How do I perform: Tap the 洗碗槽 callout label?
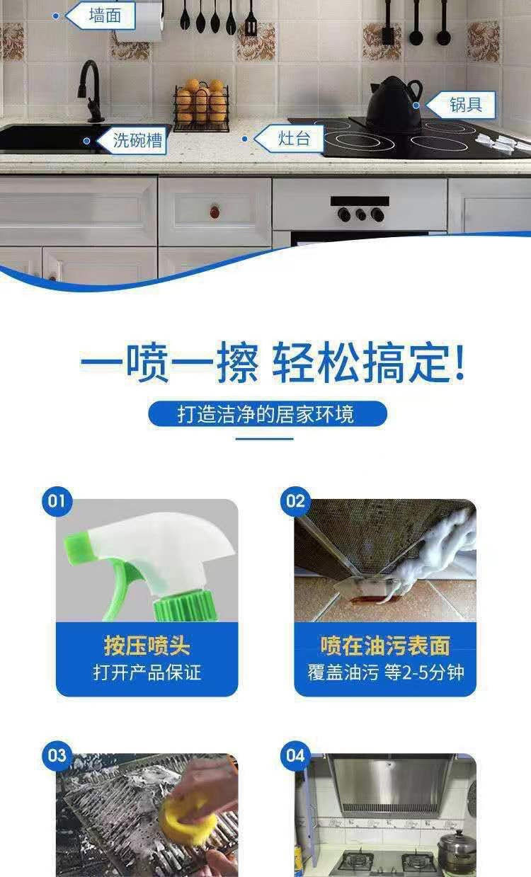point(132,139)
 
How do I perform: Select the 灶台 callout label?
point(290,138)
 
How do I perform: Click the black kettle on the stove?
point(394,102)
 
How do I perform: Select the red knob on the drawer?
point(215,212)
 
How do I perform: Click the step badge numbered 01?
point(57,501)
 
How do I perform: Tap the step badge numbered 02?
point(295,501)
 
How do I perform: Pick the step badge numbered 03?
point(57,756)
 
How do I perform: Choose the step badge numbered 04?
point(295,756)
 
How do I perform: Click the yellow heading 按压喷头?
point(147,646)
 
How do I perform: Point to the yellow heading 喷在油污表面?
point(385,646)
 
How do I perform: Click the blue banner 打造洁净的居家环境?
point(268,414)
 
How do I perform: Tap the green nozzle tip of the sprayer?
point(77,546)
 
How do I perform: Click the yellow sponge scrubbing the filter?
point(189,813)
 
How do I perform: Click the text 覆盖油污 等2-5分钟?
point(386,672)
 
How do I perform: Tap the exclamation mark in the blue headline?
point(459,362)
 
